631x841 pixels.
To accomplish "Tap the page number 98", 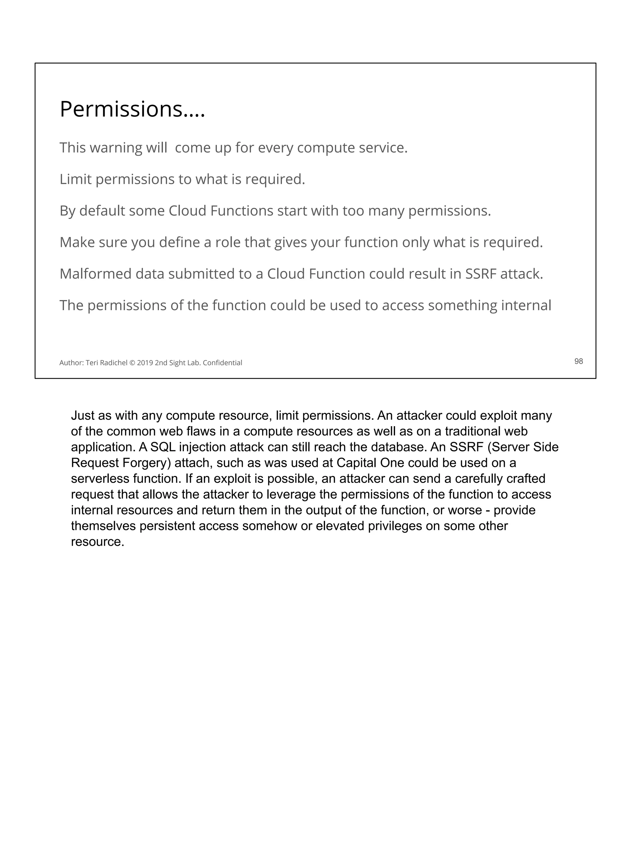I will pyautogui.click(x=578, y=361).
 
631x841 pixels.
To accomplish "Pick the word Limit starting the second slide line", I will pyautogui.click(x=75, y=179).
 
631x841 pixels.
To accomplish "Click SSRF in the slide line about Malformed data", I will pyautogui.click(x=481, y=274).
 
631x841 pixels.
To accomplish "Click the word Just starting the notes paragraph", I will pyautogui.click(x=83, y=415).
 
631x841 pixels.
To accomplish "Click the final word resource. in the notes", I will pyautogui.click(x=97, y=542).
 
